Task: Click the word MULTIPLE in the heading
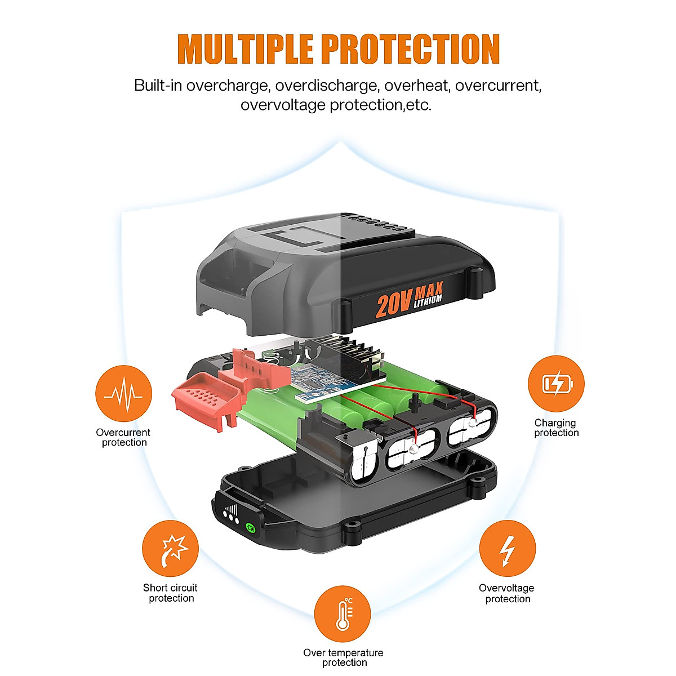[245, 49]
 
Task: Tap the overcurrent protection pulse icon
[124, 394]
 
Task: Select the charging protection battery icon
[556, 384]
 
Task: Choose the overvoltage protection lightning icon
[507, 549]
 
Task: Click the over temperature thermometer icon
[343, 614]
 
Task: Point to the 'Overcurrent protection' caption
[123, 438]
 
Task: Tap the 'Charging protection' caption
[556, 428]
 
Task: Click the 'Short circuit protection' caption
[171, 593]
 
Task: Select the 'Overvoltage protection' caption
[507, 593]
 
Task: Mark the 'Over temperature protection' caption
[343, 657]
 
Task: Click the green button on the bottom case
[250, 528]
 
